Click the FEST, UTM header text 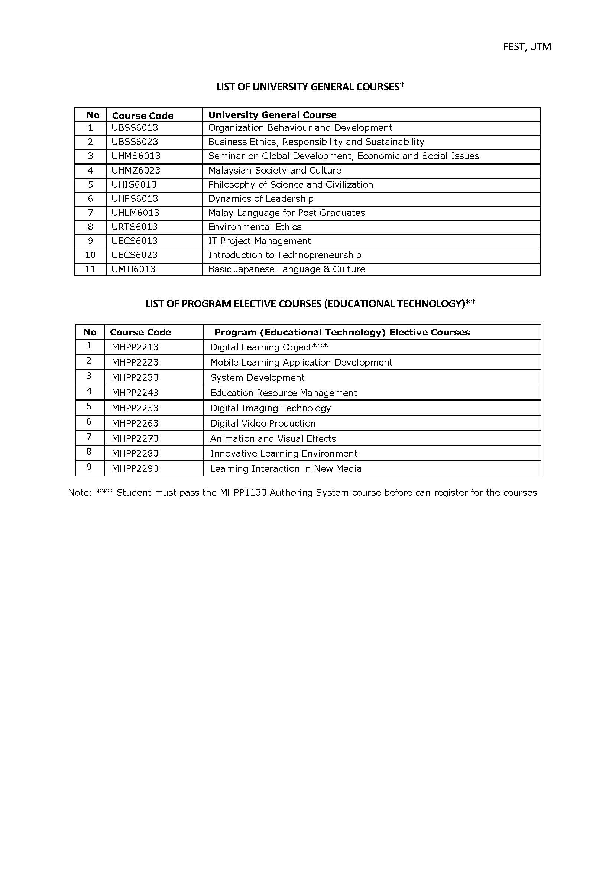pyautogui.click(x=527, y=47)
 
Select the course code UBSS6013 pyautogui.click(x=135, y=128)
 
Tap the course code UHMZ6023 pyautogui.click(x=136, y=171)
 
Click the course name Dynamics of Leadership pyautogui.click(x=260, y=199)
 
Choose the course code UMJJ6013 pyautogui.click(x=133, y=269)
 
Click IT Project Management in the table pyautogui.click(x=259, y=241)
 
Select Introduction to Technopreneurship pyautogui.click(x=285, y=255)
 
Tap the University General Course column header pyautogui.click(x=272, y=115)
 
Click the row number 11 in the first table pyautogui.click(x=90, y=269)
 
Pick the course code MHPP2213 pyautogui.click(x=135, y=347)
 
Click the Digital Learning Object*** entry pyautogui.click(x=269, y=347)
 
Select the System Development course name pyautogui.click(x=257, y=378)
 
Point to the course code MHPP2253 pyautogui.click(x=135, y=408)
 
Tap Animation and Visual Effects pyautogui.click(x=273, y=438)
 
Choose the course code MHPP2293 pyautogui.click(x=135, y=469)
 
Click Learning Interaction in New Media pyautogui.click(x=285, y=469)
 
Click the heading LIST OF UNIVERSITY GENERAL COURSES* pyautogui.click(x=311, y=87)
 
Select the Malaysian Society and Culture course pyautogui.click(x=275, y=171)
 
